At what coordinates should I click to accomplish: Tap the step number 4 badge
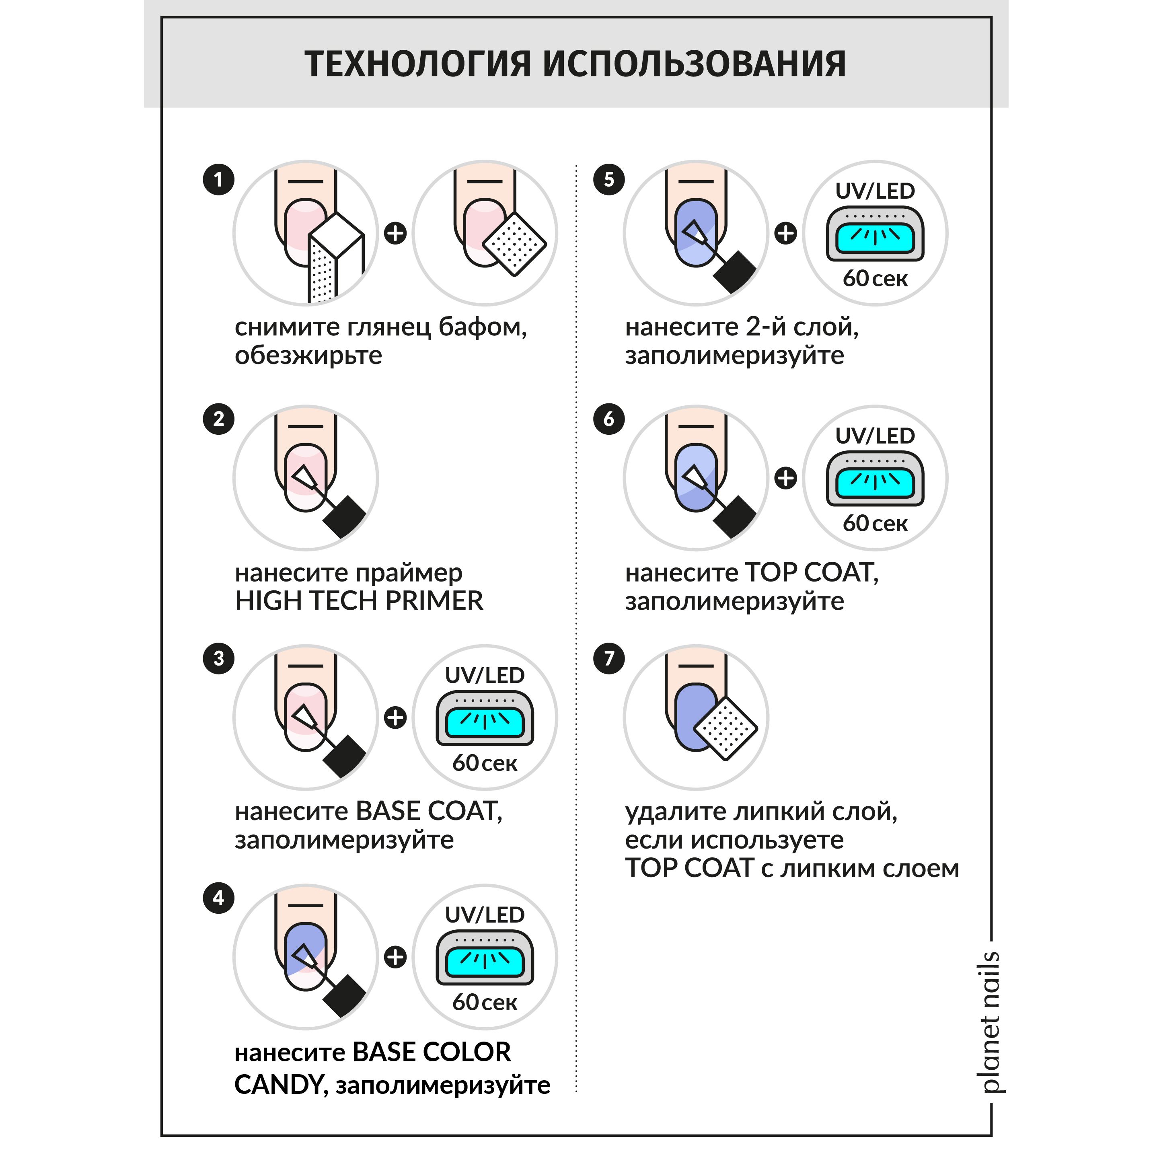pyautogui.click(x=218, y=898)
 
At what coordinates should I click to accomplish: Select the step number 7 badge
pyautogui.click(x=609, y=659)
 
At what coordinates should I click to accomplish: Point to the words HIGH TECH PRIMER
pyautogui.click(x=359, y=601)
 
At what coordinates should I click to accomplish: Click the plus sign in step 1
pyautogui.click(x=395, y=233)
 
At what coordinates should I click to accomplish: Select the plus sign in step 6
pyautogui.click(x=785, y=478)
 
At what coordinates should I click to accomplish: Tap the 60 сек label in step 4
pyautogui.click(x=485, y=1002)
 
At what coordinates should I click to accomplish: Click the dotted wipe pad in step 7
pyautogui.click(x=726, y=728)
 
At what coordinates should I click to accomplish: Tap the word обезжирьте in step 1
pyautogui.click(x=308, y=356)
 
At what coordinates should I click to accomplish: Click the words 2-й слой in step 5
pyautogui.click(x=802, y=327)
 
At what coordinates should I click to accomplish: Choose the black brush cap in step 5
pyautogui.click(x=735, y=271)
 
